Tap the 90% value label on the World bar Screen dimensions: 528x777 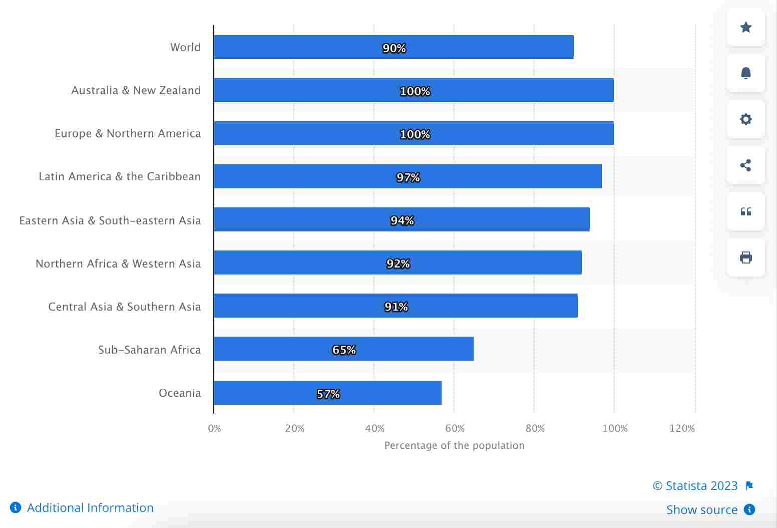point(394,48)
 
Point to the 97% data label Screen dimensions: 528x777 point(408,177)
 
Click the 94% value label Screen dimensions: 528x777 point(402,220)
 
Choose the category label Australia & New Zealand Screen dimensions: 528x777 point(136,90)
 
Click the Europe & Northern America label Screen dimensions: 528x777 point(128,133)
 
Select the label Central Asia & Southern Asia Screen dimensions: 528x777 point(124,307)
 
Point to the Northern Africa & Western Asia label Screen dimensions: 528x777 point(118,263)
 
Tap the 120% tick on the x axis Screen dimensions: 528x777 point(682,428)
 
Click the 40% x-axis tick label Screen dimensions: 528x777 point(374,428)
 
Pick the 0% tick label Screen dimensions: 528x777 point(214,428)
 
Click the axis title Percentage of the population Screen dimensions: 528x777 point(454,445)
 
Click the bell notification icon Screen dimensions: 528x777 point(745,73)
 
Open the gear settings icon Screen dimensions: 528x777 point(745,119)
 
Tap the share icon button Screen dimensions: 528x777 point(745,165)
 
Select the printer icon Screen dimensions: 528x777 point(745,257)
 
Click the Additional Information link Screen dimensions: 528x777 point(90,507)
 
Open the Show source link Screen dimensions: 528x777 point(701,509)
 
